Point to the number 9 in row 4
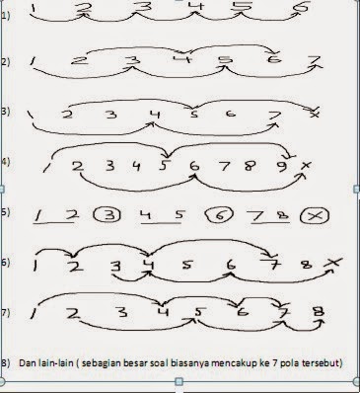click(x=280, y=167)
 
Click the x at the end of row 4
click(x=306, y=165)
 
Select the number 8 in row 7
click(x=318, y=314)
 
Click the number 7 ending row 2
click(x=315, y=64)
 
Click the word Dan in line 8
click(x=28, y=364)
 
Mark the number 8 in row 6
click(x=307, y=265)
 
